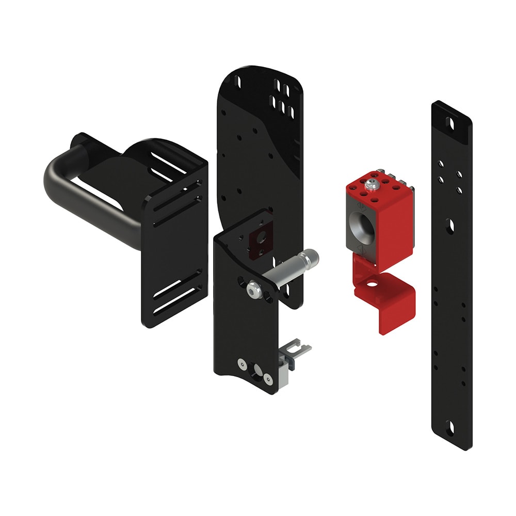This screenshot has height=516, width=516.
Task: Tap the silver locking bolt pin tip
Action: click(x=312, y=255)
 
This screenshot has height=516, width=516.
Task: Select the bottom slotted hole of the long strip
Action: click(x=451, y=426)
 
